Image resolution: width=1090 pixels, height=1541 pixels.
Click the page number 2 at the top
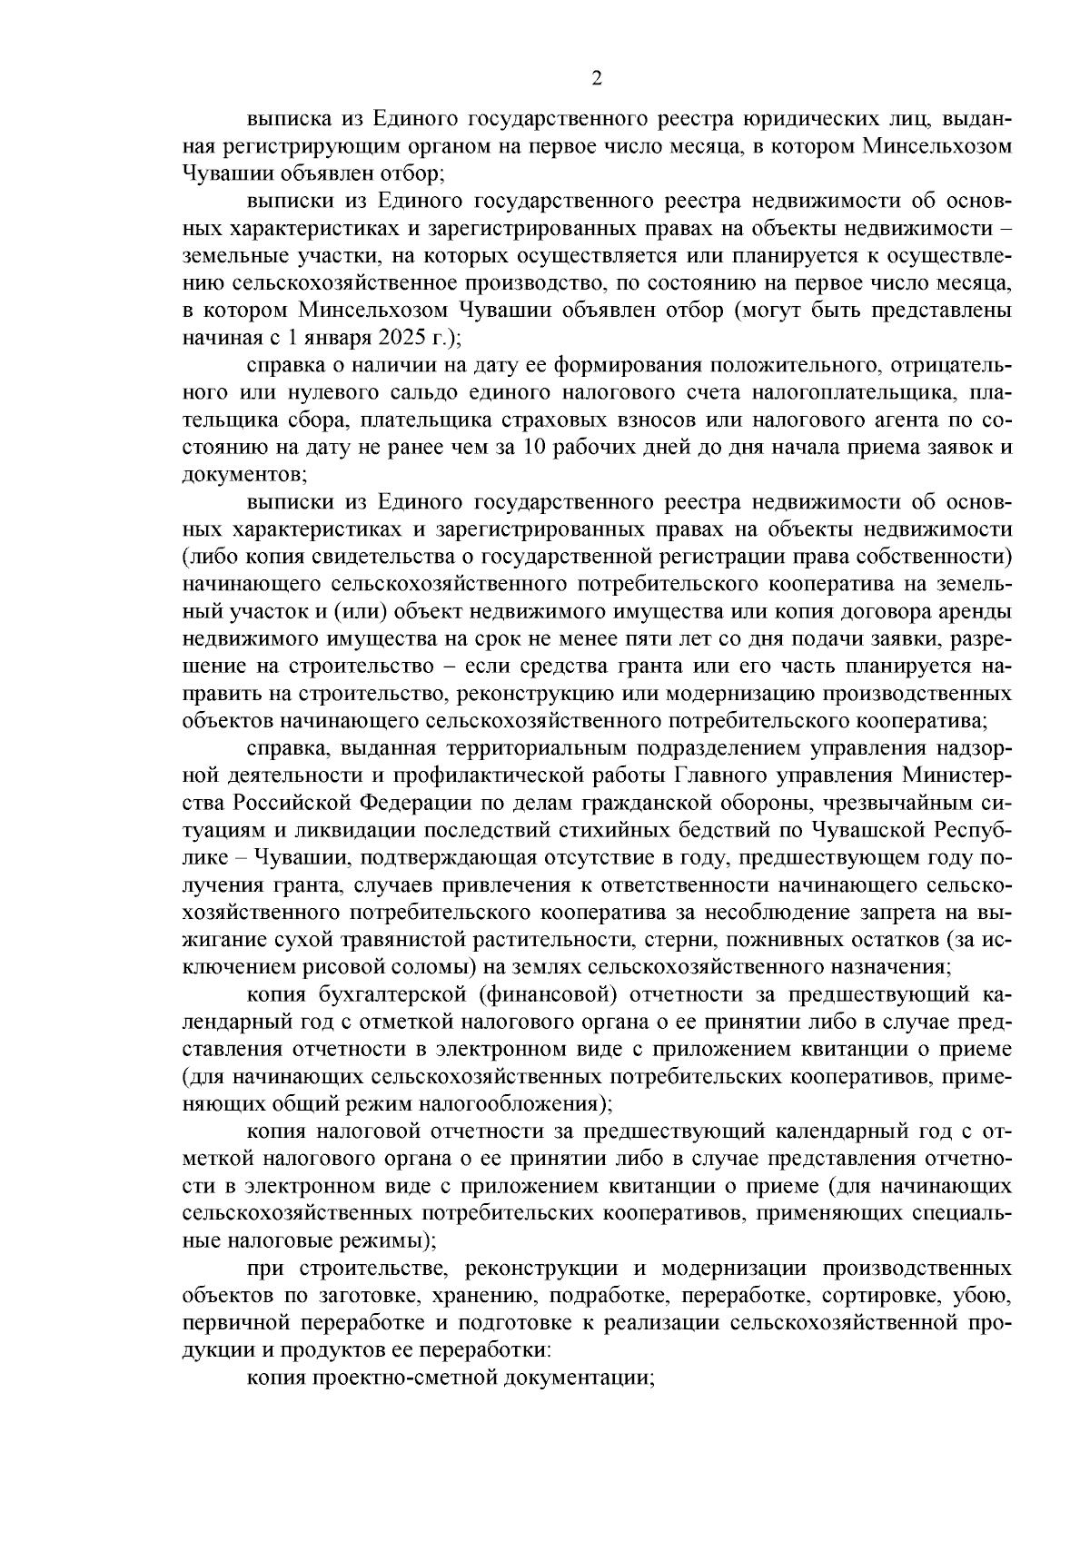[597, 79]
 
